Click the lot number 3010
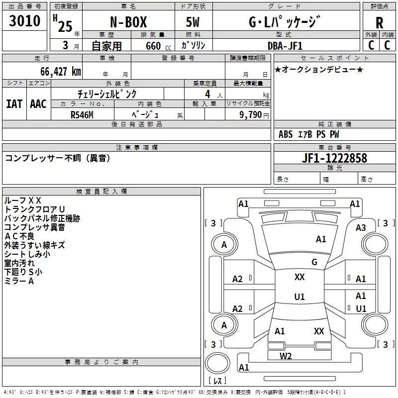[25, 21]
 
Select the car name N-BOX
[128, 23]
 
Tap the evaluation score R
[380, 22]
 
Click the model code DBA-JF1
[284, 45]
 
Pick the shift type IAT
[14, 103]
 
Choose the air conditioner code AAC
[38, 103]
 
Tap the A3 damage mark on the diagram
[361, 227]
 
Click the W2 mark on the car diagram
[286, 355]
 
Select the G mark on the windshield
[314, 262]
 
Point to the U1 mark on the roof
[299, 297]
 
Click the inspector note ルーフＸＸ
[22, 200]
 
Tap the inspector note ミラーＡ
[19, 281]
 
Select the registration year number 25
[65, 25]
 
